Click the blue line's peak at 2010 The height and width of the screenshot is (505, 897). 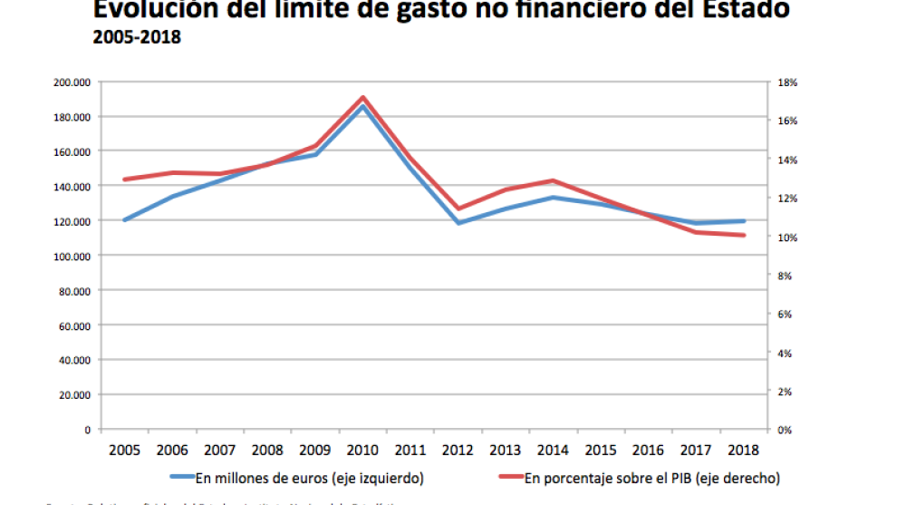[x=362, y=106]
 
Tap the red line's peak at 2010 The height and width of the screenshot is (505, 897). [x=362, y=97]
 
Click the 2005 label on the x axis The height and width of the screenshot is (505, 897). [x=123, y=449]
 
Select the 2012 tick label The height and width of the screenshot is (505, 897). [x=458, y=449]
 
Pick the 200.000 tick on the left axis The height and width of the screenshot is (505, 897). [x=72, y=83]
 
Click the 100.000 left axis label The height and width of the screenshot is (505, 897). [x=72, y=256]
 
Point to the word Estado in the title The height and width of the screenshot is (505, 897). [x=742, y=11]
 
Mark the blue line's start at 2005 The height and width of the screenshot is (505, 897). [x=124, y=220]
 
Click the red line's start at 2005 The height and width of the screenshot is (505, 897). [x=124, y=180]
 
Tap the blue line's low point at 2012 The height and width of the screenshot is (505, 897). [x=458, y=223]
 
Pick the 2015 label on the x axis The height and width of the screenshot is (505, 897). [x=602, y=449]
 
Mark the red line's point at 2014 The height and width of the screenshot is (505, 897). [x=554, y=180]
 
